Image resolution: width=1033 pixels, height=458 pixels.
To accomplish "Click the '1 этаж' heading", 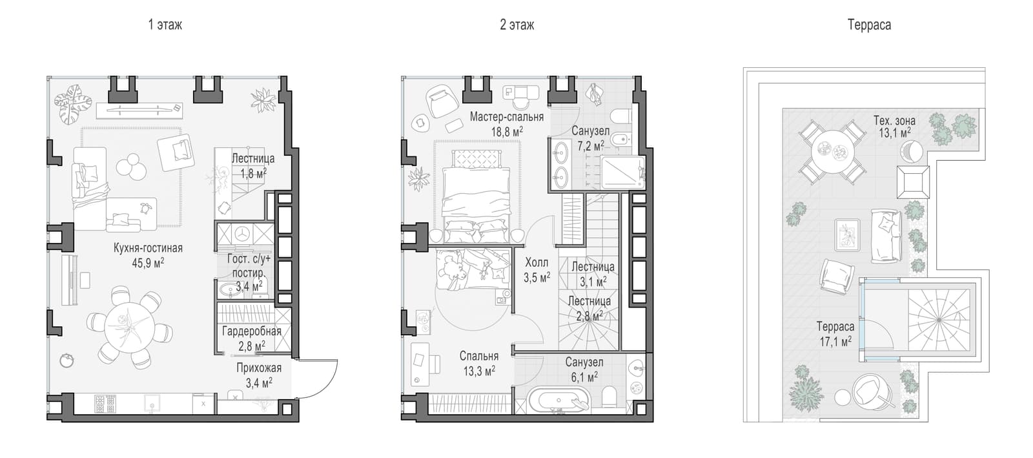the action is tap(165, 25).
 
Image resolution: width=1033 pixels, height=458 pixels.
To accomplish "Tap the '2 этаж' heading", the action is tap(517, 25).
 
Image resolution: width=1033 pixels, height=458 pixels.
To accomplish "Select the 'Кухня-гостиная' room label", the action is tap(148, 248).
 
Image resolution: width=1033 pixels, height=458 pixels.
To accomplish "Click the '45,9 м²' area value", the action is tap(148, 264).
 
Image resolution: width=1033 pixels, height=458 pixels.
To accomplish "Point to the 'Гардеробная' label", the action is tap(251, 331).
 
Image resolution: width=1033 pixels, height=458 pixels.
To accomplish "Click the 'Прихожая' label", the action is tap(259, 368).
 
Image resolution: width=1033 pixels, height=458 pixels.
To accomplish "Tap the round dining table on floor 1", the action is tap(129, 327).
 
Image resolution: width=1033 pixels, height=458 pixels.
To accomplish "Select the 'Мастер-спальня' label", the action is tap(507, 117).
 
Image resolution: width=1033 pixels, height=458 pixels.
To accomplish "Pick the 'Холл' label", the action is tap(537, 263).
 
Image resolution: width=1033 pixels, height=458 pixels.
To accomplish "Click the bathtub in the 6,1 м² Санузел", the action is tap(559, 400).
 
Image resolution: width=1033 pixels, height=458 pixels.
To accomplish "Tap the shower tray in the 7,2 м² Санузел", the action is tap(622, 172).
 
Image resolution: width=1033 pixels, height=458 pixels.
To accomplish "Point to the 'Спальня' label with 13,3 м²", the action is tap(478, 356).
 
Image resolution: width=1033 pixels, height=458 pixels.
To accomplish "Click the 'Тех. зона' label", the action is tap(894, 121).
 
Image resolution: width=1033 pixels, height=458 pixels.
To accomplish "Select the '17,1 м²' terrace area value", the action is tap(835, 342).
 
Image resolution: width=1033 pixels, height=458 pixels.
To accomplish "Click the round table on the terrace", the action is tap(832, 151).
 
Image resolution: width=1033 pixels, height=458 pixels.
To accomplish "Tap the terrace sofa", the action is tap(885, 236).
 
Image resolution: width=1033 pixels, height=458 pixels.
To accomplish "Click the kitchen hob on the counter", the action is tap(105, 404).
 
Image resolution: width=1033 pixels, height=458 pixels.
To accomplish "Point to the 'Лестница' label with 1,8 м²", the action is tap(252, 159).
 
